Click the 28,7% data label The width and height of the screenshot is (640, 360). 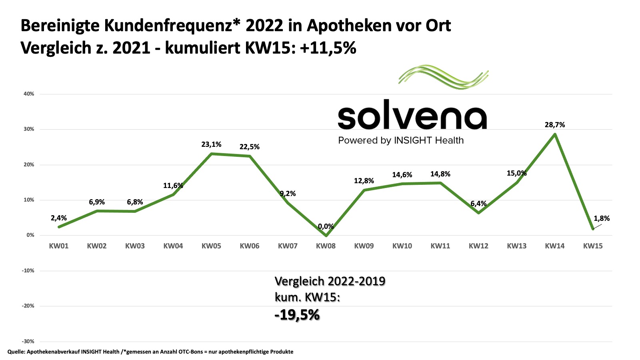click(x=554, y=125)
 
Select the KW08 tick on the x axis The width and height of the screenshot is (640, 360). click(x=326, y=246)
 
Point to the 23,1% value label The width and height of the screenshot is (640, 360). click(x=211, y=144)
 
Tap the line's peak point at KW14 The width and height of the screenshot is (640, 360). click(x=555, y=134)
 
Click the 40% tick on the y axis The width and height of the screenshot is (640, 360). click(x=29, y=94)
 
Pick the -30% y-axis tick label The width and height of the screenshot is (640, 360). click(x=28, y=342)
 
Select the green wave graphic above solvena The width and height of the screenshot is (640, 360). click(x=444, y=77)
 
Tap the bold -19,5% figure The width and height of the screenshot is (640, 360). click(x=297, y=315)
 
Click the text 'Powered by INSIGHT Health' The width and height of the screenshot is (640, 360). click(x=401, y=140)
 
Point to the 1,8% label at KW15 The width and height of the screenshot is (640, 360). click(x=602, y=218)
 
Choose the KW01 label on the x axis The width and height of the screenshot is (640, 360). click(x=59, y=246)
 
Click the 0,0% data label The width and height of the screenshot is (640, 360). click(x=326, y=226)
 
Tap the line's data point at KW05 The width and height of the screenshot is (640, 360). click(x=211, y=154)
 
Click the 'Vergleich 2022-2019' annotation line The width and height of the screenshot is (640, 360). click(x=330, y=281)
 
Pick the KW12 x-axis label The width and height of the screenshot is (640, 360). click(x=478, y=246)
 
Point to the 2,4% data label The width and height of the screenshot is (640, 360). click(x=59, y=218)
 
